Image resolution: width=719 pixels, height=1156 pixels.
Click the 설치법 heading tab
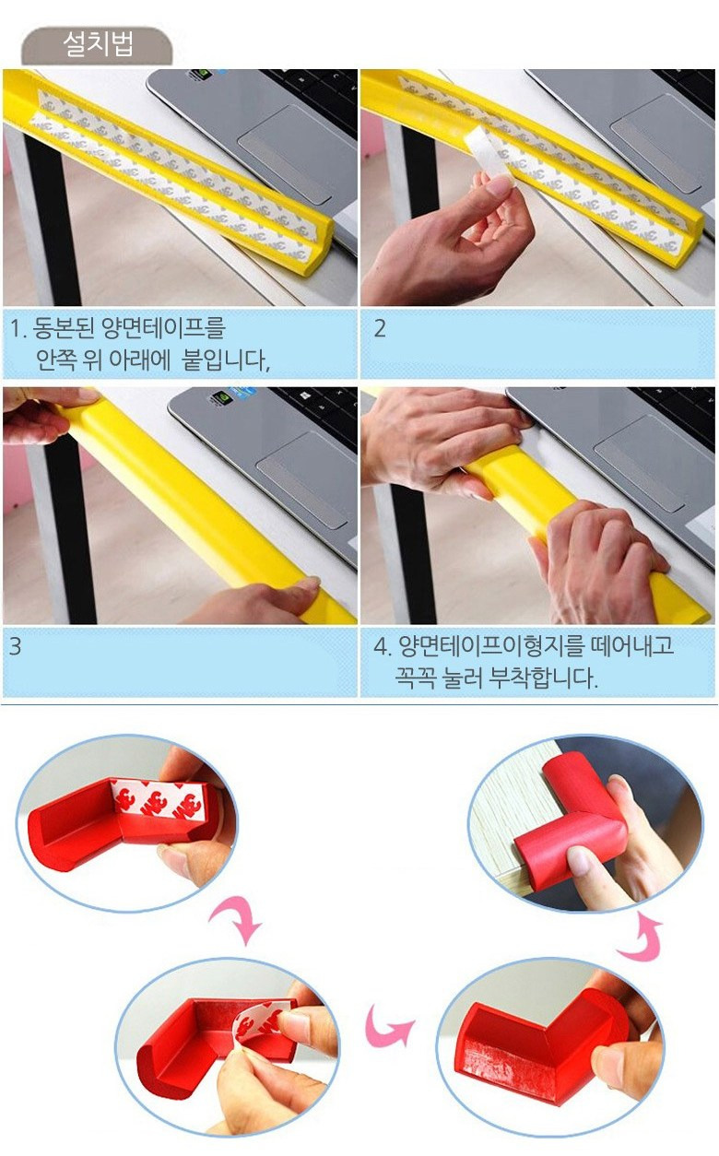(x=97, y=45)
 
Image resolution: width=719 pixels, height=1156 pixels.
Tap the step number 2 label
(x=380, y=329)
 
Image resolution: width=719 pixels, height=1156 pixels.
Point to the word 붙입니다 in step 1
(x=226, y=360)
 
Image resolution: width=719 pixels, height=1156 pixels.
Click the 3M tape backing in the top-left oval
(x=161, y=801)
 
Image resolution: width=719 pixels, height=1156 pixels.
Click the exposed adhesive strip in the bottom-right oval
(x=511, y=1056)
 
